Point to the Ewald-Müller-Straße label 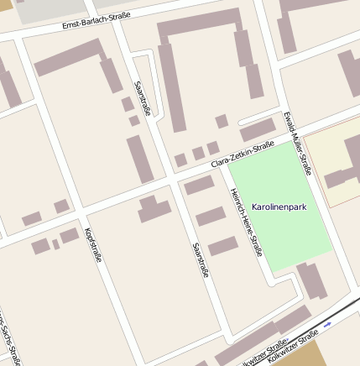tap(298, 143)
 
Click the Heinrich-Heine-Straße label tap(247, 222)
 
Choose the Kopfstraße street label tap(93, 244)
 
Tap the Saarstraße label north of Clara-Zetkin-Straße tap(141, 97)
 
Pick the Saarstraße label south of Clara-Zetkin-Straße tap(200, 260)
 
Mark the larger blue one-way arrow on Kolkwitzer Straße tap(327, 322)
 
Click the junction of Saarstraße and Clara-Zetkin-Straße tap(170, 179)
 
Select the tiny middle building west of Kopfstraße tap(55, 244)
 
